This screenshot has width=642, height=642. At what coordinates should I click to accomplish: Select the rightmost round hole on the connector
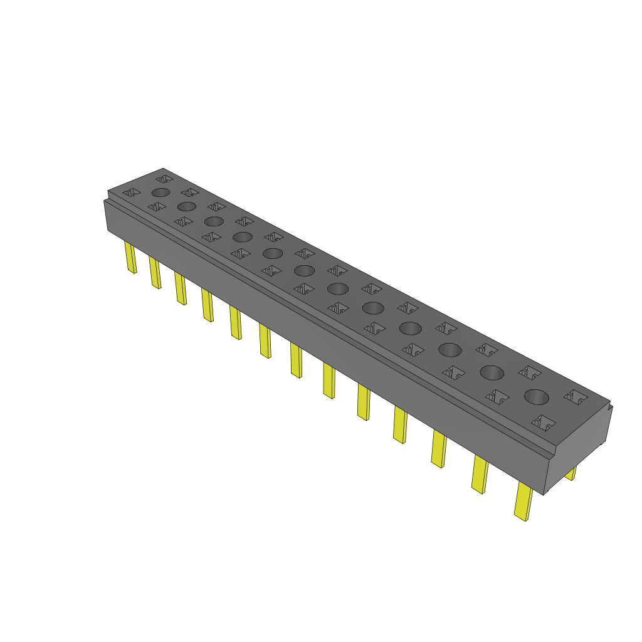coord(536,396)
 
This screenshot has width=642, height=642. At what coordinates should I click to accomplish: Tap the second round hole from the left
coord(186,206)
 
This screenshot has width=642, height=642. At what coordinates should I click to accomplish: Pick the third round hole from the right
coord(449,350)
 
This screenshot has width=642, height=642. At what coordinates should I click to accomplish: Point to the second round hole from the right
coord(492,372)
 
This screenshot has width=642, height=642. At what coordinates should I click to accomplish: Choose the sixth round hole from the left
coord(304,270)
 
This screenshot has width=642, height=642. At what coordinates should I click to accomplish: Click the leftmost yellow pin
coord(131,258)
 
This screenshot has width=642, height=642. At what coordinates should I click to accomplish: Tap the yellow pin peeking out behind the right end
coord(571,473)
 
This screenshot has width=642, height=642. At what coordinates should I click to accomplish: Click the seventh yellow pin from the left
coord(296,361)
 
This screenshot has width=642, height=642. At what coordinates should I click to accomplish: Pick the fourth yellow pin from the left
coord(207,305)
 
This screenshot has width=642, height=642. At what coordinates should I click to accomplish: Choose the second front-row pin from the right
coord(480,474)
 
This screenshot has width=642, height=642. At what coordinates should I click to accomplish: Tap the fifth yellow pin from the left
coord(235,322)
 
